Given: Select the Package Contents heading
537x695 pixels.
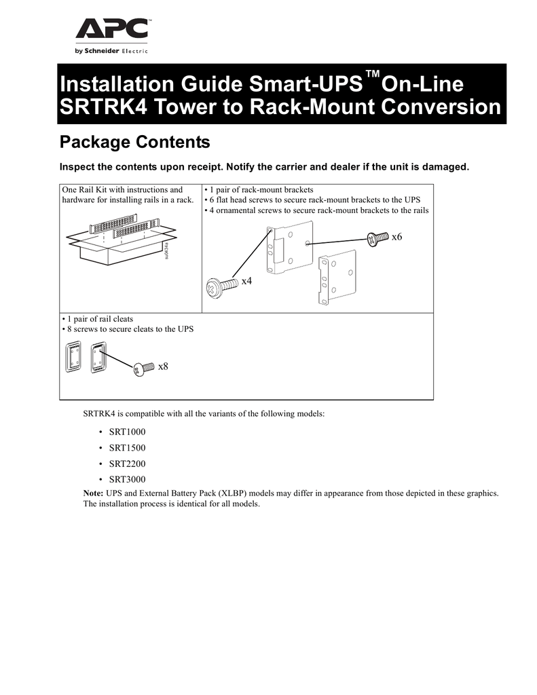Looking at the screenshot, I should pos(134,143).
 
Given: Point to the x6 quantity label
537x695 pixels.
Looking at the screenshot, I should pos(397,236).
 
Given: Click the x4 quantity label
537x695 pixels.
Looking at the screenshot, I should pos(246,281).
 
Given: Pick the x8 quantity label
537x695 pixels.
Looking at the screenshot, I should pos(163,367).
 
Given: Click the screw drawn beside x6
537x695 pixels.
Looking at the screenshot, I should pos(374,238).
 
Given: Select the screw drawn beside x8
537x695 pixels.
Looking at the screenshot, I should pos(143,369).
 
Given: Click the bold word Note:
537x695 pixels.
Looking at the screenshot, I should pos(94,493).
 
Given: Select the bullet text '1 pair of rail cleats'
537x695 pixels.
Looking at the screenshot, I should pos(100,319).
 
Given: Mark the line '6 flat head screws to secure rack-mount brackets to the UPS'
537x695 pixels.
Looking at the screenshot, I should pos(315,200).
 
